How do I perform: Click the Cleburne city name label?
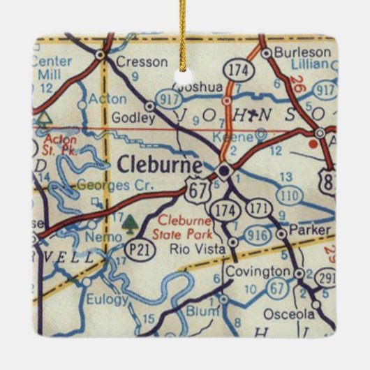(x=160, y=165)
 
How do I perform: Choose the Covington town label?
(x=257, y=271)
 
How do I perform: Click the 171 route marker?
(x=259, y=208)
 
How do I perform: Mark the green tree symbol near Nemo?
(x=130, y=223)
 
